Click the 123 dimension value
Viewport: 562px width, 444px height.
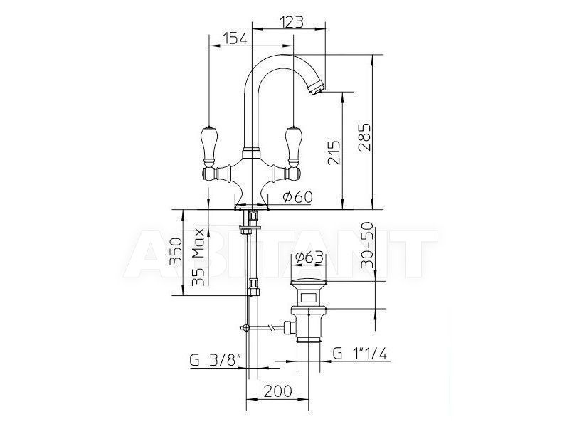[x=291, y=22]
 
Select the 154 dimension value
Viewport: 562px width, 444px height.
[x=235, y=38]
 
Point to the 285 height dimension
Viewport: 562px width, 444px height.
[x=364, y=137]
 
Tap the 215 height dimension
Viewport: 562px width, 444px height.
[x=334, y=152]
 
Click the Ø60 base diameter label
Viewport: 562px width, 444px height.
[x=297, y=196]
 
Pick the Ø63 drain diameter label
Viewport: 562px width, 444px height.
[x=309, y=257]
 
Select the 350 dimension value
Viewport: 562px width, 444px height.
[x=176, y=250]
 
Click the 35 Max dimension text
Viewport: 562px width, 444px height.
[x=198, y=257]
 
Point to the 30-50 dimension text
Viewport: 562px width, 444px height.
[x=367, y=245]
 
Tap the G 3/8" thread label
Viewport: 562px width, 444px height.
[x=215, y=360]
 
